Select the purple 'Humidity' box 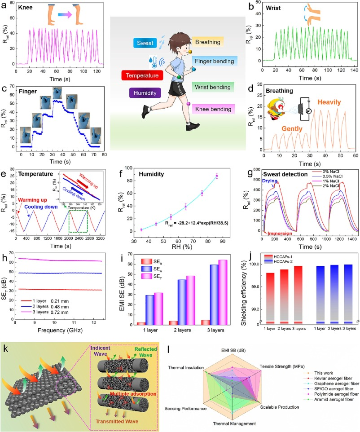145,93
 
